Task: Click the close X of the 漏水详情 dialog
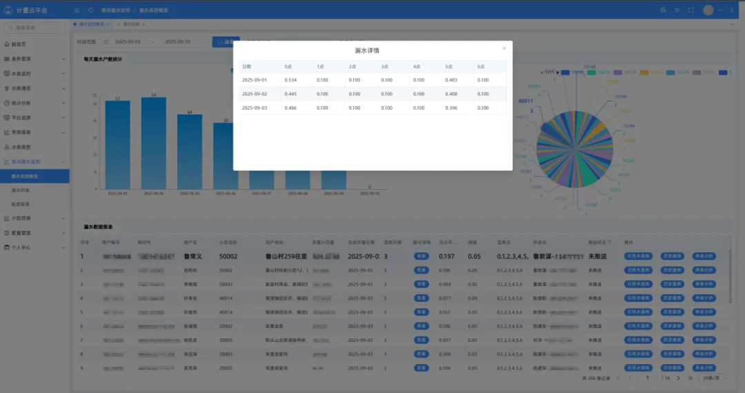click(x=504, y=48)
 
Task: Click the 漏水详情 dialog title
click(x=367, y=50)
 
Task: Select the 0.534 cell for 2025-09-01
click(x=291, y=80)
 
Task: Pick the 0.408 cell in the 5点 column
click(x=452, y=94)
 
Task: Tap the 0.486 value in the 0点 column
click(x=291, y=108)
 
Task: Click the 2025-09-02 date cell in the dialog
click(x=254, y=94)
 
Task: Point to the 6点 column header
click(x=481, y=67)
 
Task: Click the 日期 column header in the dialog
click(x=247, y=67)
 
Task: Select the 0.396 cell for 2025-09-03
click(x=452, y=108)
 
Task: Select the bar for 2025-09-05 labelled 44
click(x=190, y=152)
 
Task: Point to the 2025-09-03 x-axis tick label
click(x=117, y=194)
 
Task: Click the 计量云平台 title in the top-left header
click(x=36, y=10)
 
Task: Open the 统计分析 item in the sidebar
click(x=22, y=103)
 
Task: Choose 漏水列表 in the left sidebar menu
click(x=21, y=190)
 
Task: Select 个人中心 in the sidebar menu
click(x=22, y=248)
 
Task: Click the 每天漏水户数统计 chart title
click(x=103, y=59)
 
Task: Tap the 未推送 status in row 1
click(x=597, y=256)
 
